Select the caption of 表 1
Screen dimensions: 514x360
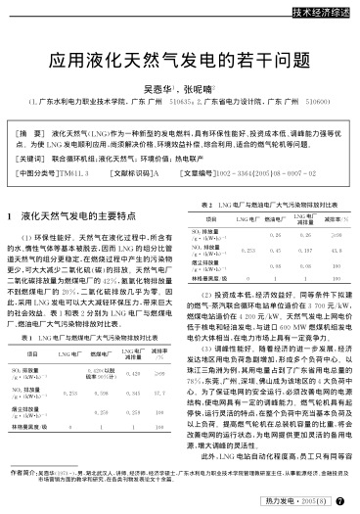coord(94,335)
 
